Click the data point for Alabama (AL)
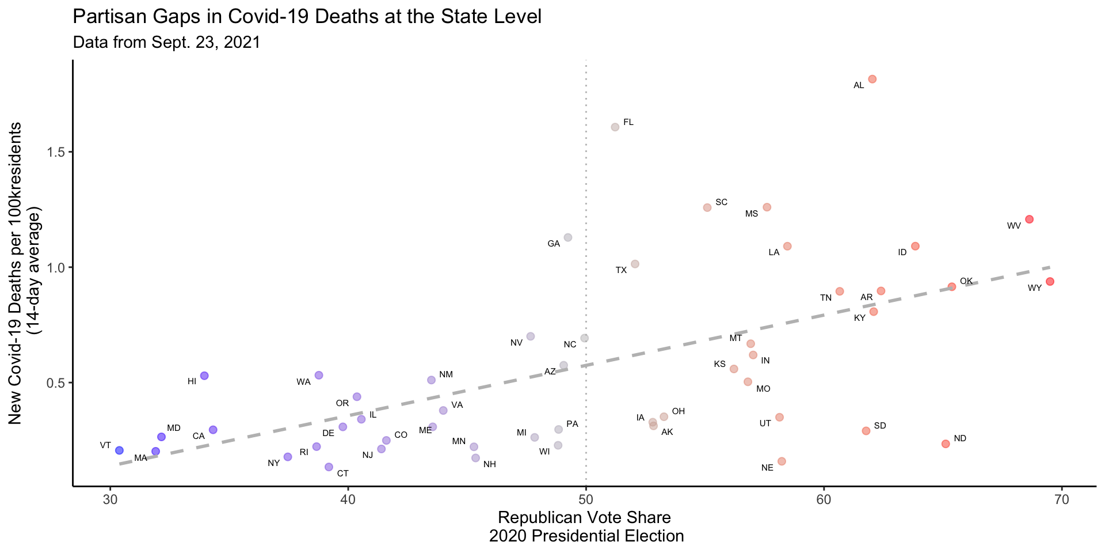click(x=872, y=79)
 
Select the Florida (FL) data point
click(x=615, y=127)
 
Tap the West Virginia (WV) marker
click(x=1029, y=219)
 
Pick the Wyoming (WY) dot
click(x=1050, y=281)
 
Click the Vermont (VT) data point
click(x=119, y=450)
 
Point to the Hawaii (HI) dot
click(x=204, y=376)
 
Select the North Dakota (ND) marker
click(x=945, y=444)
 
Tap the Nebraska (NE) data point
click(x=782, y=461)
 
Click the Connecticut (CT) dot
click(x=329, y=467)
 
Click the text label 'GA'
click(x=554, y=244)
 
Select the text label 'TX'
click(x=621, y=270)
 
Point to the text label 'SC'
click(x=721, y=202)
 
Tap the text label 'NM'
click(x=446, y=374)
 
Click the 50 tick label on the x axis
click(x=586, y=499)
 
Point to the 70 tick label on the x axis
click(x=1061, y=499)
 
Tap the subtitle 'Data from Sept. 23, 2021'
click(x=166, y=42)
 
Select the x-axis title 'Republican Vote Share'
click(x=584, y=517)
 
